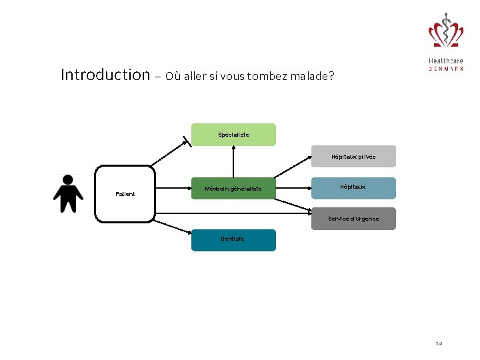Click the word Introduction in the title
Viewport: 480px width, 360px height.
[x=105, y=74]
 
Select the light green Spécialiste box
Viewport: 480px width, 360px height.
[x=233, y=134]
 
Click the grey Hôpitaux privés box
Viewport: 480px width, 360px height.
[x=353, y=156]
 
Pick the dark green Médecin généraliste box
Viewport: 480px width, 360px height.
[x=233, y=189]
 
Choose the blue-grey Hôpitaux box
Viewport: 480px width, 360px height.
[x=353, y=187]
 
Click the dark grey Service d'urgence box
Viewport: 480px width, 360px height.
[x=353, y=219]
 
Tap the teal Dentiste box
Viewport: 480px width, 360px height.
[x=233, y=240]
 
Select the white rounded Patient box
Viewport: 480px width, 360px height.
[x=125, y=193]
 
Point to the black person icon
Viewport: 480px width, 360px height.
[x=67, y=195]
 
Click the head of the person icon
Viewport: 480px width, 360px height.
[x=67, y=179]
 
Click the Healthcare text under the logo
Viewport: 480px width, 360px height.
[x=445, y=61]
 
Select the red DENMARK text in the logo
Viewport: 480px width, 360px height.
[x=445, y=69]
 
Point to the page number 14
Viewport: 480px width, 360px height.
[x=439, y=343]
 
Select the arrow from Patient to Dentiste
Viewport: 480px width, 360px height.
[x=172, y=226]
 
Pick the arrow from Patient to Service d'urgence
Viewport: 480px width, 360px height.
[x=233, y=212]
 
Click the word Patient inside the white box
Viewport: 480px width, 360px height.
[x=125, y=194]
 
